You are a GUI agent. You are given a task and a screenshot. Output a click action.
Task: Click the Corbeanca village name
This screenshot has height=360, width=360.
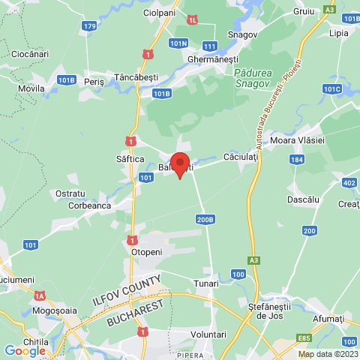click(x=89, y=205)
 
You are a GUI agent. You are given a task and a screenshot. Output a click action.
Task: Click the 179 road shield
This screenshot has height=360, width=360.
click(x=89, y=26)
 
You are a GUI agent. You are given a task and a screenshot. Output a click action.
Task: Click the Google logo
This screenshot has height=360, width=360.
click(x=24, y=350)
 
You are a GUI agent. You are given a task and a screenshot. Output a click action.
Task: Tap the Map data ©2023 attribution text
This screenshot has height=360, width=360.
click(x=328, y=354)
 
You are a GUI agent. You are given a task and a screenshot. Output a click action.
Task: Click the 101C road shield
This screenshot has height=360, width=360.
click(x=331, y=88)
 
